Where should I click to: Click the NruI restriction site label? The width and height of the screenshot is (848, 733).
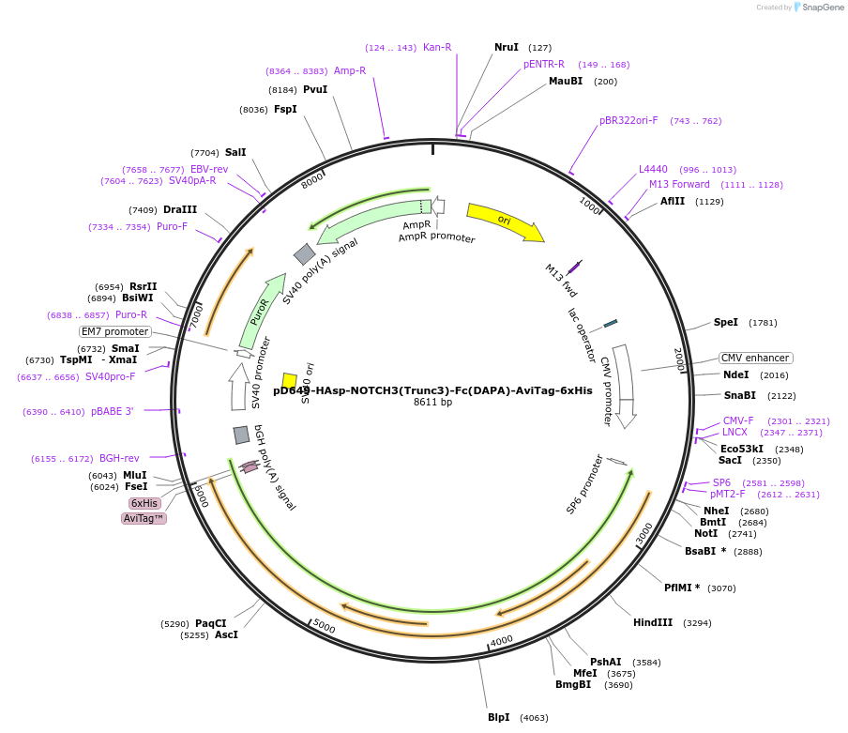point(507,47)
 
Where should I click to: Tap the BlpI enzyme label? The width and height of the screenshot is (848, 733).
point(498,717)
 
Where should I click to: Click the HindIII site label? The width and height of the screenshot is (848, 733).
point(653,622)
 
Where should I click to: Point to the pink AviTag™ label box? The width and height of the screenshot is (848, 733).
point(144,518)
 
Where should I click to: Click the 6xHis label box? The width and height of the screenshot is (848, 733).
point(144,503)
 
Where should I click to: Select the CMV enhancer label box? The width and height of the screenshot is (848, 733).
point(755,358)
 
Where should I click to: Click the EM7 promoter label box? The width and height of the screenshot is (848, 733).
point(115,331)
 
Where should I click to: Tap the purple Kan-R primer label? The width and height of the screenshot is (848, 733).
point(437,47)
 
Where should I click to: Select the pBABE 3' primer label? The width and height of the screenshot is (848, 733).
point(113,411)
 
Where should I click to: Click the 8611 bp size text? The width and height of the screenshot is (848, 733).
point(432,403)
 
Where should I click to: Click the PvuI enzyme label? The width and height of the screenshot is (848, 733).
point(315,89)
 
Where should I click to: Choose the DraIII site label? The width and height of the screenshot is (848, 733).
point(180,209)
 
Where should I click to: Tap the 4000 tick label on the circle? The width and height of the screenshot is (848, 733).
point(502,640)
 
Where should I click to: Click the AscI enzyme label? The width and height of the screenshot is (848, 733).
point(226,634)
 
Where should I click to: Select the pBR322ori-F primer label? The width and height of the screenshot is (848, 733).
point(628,120)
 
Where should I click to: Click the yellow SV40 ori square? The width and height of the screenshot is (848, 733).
point(290,380)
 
